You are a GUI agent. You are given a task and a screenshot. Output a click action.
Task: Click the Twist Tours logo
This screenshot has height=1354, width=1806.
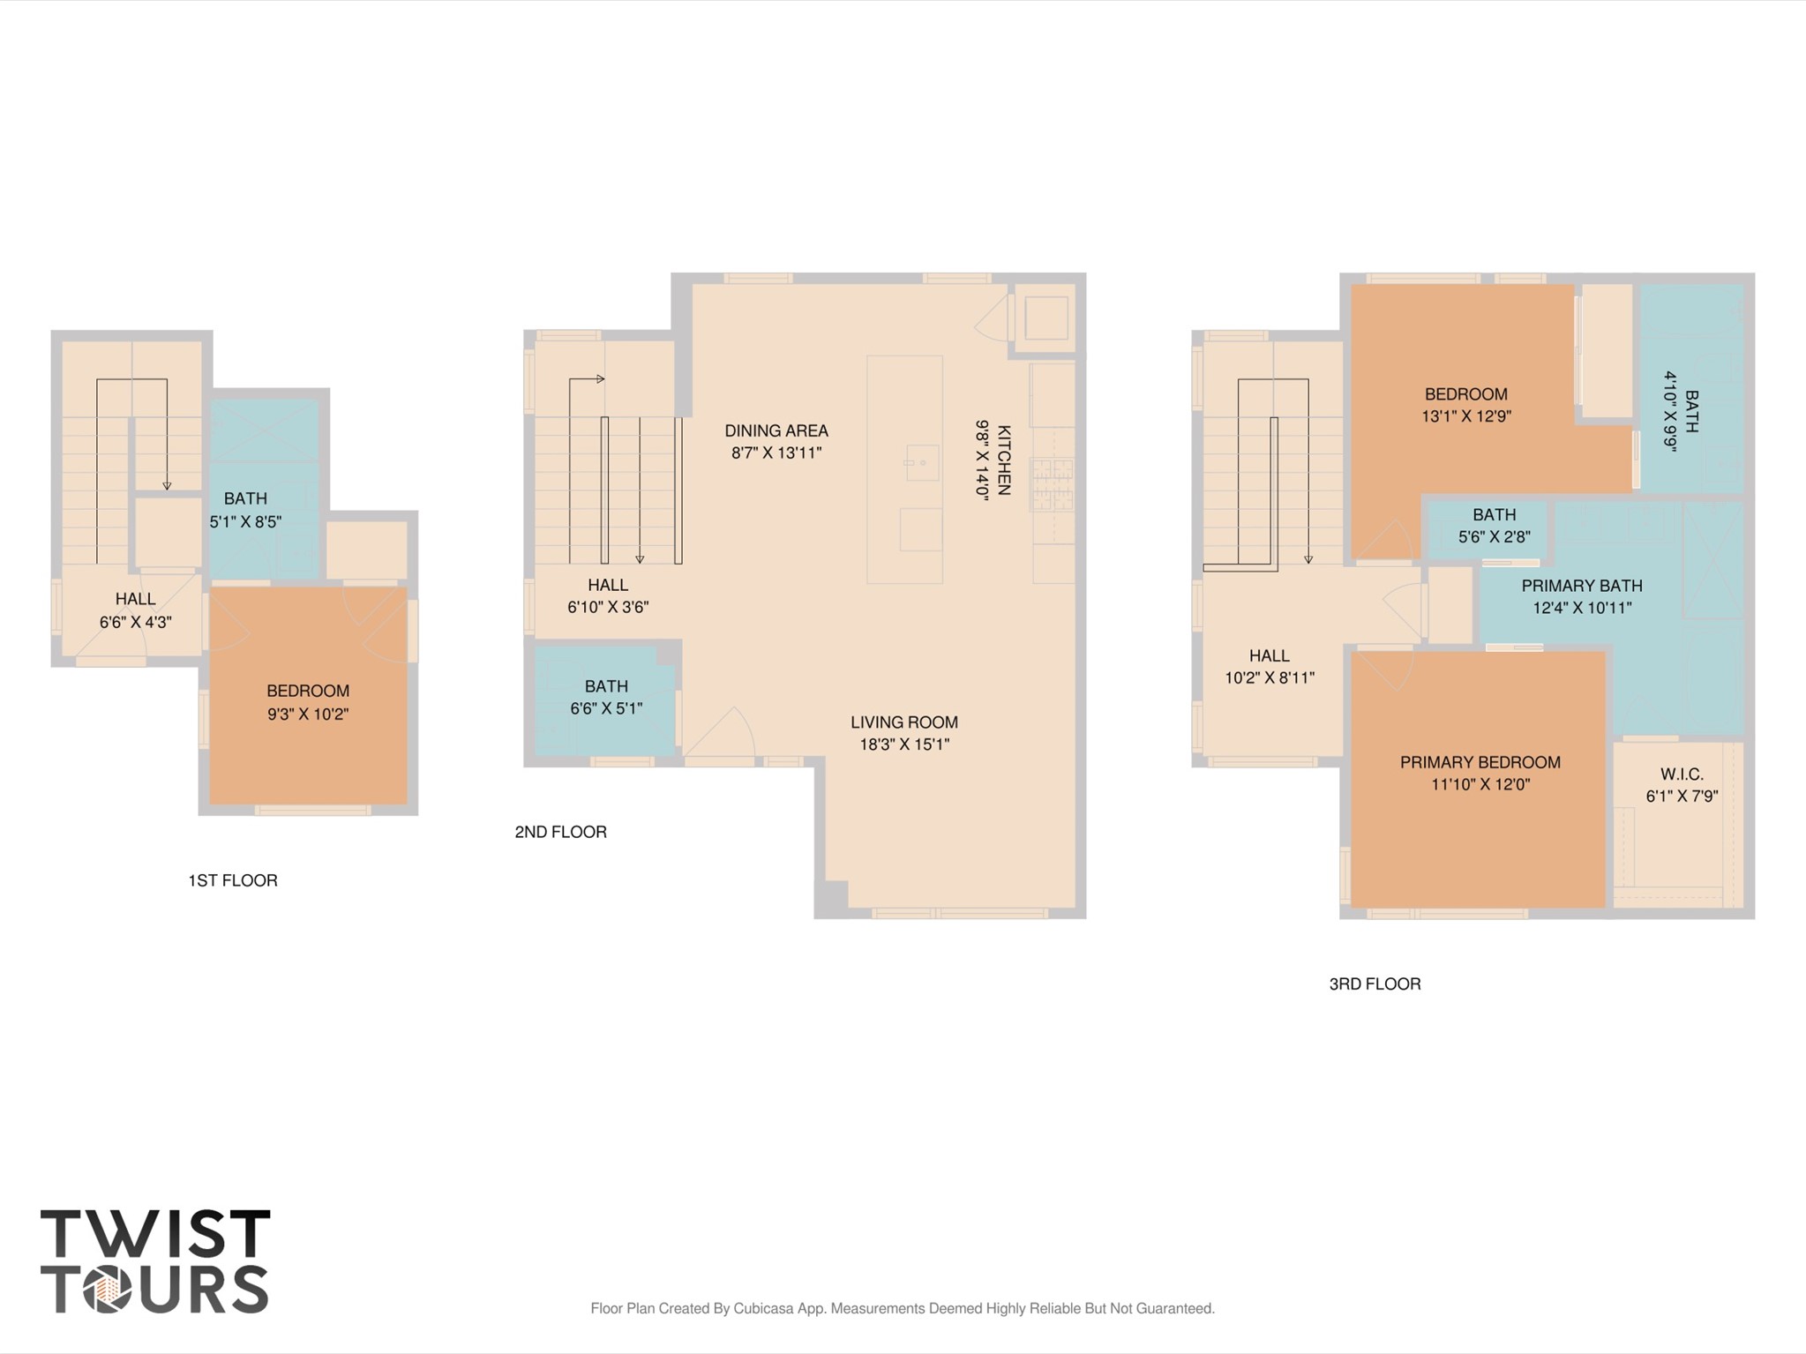point(154,1260)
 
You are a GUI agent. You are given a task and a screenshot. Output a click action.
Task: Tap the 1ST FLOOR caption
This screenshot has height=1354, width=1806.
point(232,880)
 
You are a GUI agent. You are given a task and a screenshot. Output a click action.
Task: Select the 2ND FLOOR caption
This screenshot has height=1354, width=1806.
point(560,832)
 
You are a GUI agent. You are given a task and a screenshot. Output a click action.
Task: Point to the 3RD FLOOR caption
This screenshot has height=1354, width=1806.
point(1375,984)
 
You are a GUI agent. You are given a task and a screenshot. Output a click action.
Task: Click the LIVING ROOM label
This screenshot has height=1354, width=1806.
point(903,722)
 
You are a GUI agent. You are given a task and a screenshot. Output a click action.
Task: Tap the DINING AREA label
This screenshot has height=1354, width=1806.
point(776,430)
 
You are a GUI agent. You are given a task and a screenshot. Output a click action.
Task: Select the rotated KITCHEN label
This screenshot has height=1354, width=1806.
point(1004,460)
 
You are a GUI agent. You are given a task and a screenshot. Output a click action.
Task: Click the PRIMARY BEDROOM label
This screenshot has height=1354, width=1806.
point(1480,762)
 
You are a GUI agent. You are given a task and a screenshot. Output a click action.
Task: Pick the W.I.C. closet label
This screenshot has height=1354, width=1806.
point(1681,774)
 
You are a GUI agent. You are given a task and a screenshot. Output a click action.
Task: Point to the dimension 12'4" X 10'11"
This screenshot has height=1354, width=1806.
point(1582,608)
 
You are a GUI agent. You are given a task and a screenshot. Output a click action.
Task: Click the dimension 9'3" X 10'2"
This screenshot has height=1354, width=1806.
point(308,714)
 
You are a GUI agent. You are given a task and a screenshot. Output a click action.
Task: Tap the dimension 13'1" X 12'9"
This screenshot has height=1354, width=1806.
point(1465,416)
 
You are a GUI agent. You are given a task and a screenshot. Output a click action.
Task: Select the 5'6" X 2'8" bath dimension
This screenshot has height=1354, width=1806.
point(1494,536)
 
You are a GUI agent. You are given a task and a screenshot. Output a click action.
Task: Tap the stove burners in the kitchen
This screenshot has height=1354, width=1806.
point(1053,484)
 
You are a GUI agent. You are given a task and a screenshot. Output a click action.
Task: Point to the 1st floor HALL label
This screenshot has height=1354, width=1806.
point(135,599)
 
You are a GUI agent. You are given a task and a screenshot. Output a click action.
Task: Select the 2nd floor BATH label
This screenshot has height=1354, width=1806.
point(606,685)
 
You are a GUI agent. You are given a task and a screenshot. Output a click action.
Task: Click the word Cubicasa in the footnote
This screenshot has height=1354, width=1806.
point(764,1308)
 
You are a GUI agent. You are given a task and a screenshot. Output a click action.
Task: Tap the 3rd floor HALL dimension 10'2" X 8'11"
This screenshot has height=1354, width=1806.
point(1269,677)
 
